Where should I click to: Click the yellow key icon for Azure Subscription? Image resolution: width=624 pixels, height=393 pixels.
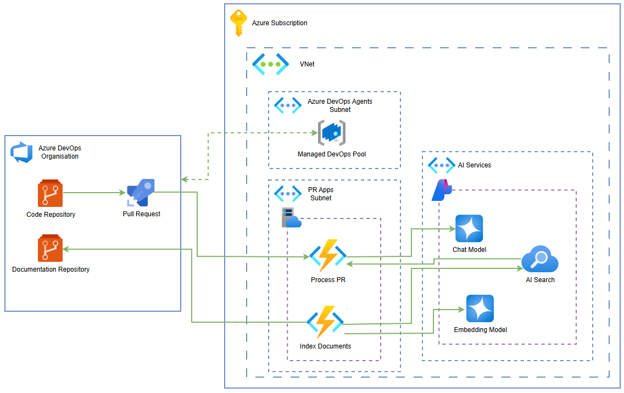[x=238, y=23]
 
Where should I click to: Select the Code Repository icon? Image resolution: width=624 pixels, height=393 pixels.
[x=51, y=193]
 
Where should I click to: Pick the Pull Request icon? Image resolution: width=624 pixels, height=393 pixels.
[x=141, y=193]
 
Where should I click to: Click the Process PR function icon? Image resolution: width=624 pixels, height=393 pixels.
[x=328, y=256]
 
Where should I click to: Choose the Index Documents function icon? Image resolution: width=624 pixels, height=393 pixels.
[x=325, y=322]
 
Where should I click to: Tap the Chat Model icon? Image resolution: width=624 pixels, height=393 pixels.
[x=469, y=229]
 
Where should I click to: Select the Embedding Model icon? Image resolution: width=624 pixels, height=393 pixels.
[x=480, y=308]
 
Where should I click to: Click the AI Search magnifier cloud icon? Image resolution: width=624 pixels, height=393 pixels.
[x=540, y=260]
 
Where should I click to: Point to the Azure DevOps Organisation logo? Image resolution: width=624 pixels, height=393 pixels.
[x=22, y=152]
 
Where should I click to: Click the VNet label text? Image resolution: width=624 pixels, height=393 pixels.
[x=307, y=64]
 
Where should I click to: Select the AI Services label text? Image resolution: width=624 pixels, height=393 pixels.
[x=475, y=165]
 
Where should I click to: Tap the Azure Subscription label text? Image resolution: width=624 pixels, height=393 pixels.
[x=280, y=23]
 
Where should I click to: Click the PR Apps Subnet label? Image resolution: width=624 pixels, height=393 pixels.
[x=321, y=194]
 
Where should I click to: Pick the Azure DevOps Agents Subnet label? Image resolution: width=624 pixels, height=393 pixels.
[x=339, y=105]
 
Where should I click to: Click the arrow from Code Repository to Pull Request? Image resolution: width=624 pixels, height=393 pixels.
[x=93, y=193]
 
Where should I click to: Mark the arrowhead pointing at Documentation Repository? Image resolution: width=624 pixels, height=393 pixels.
[x=66, y=249]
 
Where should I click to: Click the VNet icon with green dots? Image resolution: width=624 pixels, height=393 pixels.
[x=271, y=64]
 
